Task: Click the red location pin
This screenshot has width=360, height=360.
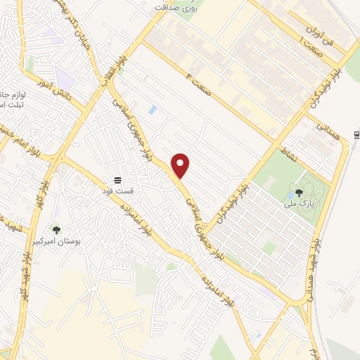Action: pos(181,165)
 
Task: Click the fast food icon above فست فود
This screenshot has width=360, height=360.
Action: pos(117,181)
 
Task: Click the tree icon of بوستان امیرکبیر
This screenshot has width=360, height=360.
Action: pos(56,230)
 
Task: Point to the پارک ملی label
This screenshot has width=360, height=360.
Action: pos(299,203)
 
